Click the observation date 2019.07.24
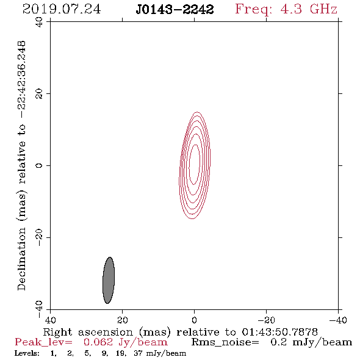pyautogui.click(x=62, y=9)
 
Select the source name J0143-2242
pyautogui.click(x=175, y=10)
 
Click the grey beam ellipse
pyautogui.click(x=109, y=280)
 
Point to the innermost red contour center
pyautogui.click(x=195, y=165)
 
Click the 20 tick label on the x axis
pyautogui.click(x=122, y=320)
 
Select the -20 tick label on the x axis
pyautogui.click(x=266, y=320)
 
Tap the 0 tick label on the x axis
pyautogui.click(x=194, y=320)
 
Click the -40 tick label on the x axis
pyautogui.click(x=338, y=320)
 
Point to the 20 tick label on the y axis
pyautogui.click(x=39, y=94)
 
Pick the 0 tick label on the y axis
pyautogui.click(x=39, y=165)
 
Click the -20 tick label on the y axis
pyautogui.click(x=39, y=237)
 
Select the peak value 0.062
pyautogui.click(x=98, y=342)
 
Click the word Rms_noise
pyautogui.click(x=225, y=342)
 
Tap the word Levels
pyautogui.click(x=27, y=353)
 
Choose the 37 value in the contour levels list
pyautogui.click(x=138, y=353)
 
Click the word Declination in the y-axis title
pyautogui.click(x=21, y=259)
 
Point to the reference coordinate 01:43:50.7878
pyautogui.click(x=279, y=332)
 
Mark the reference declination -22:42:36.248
pyautogui.click(x=22, y=80)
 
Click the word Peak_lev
pyautogui.click(x=43, y=342)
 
